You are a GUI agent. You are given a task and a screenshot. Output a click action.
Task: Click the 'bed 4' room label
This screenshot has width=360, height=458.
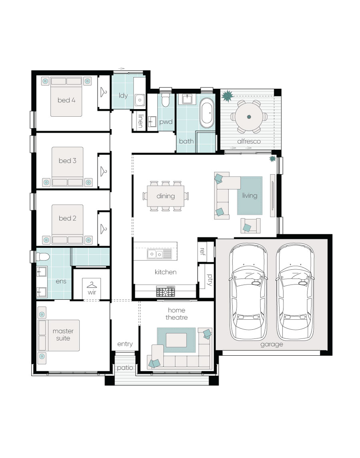pos(66,100)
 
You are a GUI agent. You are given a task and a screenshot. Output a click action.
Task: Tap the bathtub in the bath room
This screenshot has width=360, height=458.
pos(207,113)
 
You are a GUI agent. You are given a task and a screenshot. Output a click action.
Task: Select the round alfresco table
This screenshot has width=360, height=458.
pos(249,117)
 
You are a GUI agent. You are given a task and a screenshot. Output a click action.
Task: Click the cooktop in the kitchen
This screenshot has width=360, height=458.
pos(166,291)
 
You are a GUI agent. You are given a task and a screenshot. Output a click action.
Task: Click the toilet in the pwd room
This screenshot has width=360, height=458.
pos(166,100)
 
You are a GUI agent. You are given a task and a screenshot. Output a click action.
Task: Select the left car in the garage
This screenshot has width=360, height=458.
pos(248,291)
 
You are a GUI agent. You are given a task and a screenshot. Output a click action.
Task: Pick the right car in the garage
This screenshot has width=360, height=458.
pos(295,291)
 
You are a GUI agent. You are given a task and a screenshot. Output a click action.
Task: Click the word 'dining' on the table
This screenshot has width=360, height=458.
pos(166,196)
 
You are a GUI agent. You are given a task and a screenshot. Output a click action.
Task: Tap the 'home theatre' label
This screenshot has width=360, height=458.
pos(177,314)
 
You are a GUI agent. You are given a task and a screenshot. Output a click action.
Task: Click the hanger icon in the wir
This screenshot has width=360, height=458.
pos(92,285)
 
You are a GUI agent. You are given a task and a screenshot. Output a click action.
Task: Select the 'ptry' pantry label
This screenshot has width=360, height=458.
pos(210,279)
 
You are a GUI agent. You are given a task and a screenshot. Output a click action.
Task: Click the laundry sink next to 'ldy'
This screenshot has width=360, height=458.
pos(140,100)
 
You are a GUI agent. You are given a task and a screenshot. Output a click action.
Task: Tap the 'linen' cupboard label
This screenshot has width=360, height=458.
pos(141,121)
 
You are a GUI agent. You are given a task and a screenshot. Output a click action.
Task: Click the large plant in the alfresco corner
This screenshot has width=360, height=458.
pos(227,96)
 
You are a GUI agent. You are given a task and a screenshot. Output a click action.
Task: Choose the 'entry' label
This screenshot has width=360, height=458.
pos(125,344)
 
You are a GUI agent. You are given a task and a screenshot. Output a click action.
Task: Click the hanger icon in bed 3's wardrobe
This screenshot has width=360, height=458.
pos(104,171)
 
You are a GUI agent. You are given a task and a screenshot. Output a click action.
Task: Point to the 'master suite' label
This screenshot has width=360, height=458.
pos(63,335)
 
